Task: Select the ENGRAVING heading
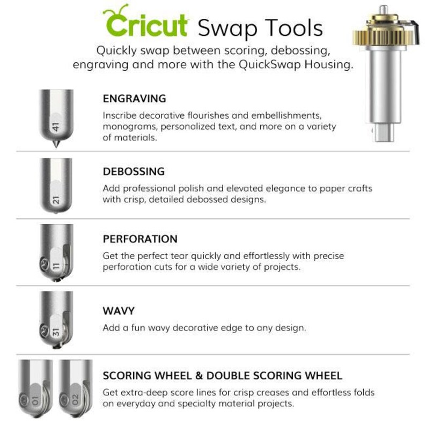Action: pyautogui.click(x=134, y=99)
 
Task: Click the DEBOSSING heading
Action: pyautogui.click(x=134, y=172)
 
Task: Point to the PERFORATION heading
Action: pyautogui.click(x=140, y=239)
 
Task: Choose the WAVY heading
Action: pyautogui.click(x=119, y=311)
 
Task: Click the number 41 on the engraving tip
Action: pyautogui.click(x=55, y=127)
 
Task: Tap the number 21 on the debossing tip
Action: pyautogui.click(x=56, y=200)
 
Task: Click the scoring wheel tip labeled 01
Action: pyautogui.click(x=36, y=397)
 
